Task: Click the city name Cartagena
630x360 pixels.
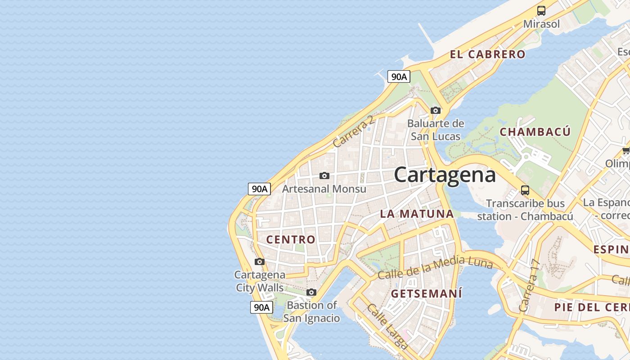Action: pos(445,175)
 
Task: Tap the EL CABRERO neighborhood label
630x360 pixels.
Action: pos(487,54)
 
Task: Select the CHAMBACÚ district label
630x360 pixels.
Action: pos(535,132)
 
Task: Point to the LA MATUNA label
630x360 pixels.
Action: pos(417,214)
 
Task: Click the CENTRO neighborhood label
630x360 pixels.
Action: pos(291,239)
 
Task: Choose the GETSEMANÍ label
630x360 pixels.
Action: pos(427,294)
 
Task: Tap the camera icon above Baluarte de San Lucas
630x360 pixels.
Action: pos(435,110)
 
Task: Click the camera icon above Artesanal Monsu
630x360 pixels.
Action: pos(324,175)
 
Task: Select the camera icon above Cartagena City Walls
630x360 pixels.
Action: pos(260,261)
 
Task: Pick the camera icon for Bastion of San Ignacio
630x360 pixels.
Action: pos(311,292)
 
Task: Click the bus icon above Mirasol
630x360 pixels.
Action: pos(541,11)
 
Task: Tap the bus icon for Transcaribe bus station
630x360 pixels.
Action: pos(525,190)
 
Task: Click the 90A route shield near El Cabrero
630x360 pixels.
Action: pos(399,76)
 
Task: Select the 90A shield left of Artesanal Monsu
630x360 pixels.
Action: pos(260,189)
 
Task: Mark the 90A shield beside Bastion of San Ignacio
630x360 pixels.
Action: pos(261,307)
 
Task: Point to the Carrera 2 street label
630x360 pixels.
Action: pos(354,131)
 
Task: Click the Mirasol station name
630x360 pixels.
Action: pos(541,24)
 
